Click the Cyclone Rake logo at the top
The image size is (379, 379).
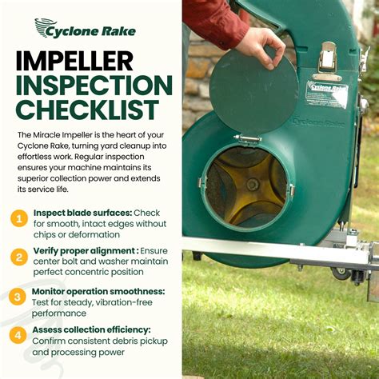86,29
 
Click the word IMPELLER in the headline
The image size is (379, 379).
74,61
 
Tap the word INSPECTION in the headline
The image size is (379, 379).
94,86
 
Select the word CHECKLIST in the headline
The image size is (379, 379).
87,110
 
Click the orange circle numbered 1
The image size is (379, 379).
19,219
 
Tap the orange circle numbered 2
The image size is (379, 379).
19,257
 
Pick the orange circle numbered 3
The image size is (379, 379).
18,297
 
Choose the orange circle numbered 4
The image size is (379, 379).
18,335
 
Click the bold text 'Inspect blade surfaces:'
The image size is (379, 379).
83,213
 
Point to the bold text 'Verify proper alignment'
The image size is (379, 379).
85,251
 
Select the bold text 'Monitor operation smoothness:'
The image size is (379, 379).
98,292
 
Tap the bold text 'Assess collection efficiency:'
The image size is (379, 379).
91,330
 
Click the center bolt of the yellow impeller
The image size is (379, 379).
252,184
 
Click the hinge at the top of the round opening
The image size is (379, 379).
247,138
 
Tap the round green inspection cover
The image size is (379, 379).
253,91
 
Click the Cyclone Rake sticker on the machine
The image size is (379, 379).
327,94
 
